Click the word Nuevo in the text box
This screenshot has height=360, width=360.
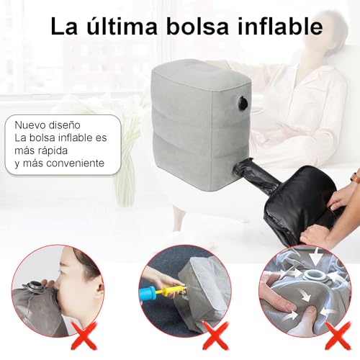(31, 124)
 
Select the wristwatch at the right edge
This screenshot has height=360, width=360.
(354, 176)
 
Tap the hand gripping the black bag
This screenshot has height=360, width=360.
(317, 234)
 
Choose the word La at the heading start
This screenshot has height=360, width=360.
(63, 26)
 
